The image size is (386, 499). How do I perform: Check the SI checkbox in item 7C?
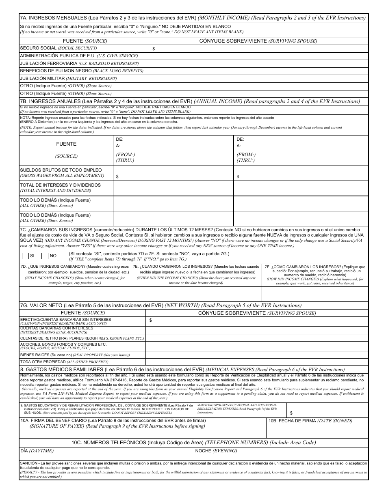click(x=25, y=256)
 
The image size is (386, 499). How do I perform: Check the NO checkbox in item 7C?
click(x=45, y=256)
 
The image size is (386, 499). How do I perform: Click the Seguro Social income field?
click(x=258, y=48)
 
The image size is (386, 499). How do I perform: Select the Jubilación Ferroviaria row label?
click(x=79, y=63)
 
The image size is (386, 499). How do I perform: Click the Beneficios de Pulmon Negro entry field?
click(x=258, y=71)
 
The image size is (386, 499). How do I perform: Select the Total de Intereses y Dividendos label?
click(x=60, y=187)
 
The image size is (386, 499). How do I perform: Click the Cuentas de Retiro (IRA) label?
click(x=82, y=338)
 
